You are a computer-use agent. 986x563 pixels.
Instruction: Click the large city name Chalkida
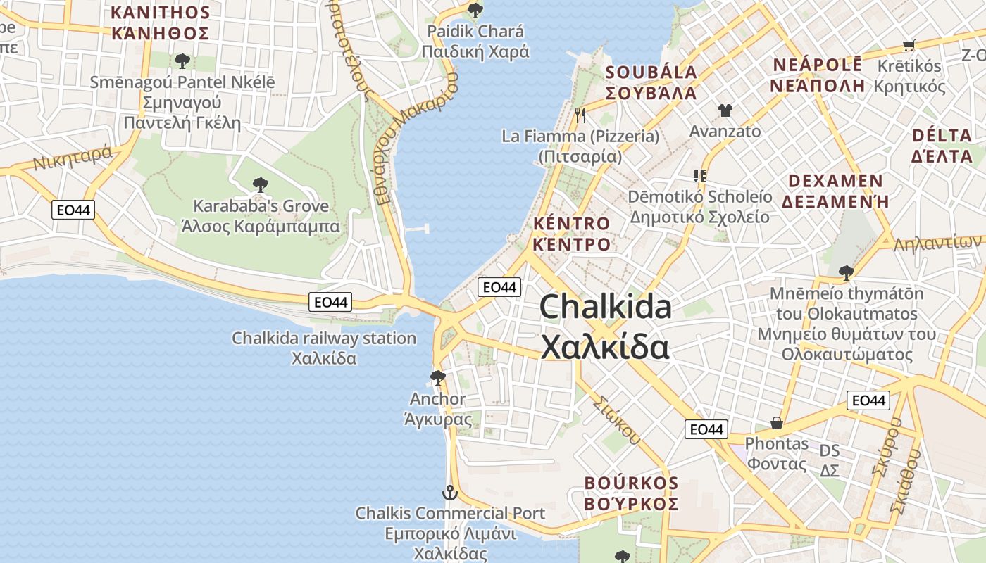tap(606, 327)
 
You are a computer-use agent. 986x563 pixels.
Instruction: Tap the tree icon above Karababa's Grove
tap(260, 185)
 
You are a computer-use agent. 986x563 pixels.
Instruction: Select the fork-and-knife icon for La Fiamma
tap(580, 115)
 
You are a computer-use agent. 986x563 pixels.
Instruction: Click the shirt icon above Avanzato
tap(725, 110)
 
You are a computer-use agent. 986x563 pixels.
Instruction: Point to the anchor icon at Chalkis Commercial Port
tap(449, 493)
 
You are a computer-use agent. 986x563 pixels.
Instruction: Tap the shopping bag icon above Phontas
tap(776, 422)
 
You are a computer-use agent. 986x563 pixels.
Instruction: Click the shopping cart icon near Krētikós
tap(909, 46)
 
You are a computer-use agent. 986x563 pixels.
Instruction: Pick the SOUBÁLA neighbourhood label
tap(651, 82)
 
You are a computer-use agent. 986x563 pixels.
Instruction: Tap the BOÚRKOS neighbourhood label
tap(631, 494)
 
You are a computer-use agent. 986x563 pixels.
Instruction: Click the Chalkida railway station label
tap(324, 348)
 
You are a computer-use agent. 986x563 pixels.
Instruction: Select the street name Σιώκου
tap(616, 421)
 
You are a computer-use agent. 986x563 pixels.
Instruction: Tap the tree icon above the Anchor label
tap(437, 377)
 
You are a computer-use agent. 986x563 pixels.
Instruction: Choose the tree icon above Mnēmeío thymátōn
tap(846, 272)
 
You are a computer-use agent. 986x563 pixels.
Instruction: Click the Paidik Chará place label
tap(475, 42)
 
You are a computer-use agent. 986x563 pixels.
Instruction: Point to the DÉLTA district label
tap(941, 145)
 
